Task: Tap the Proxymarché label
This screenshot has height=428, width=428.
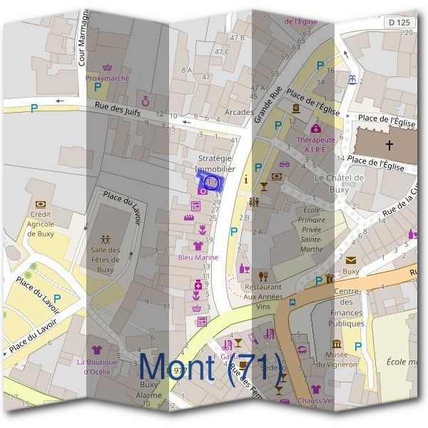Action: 106,78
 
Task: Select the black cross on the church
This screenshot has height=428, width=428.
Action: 389,146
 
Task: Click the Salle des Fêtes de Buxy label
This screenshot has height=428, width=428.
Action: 106,260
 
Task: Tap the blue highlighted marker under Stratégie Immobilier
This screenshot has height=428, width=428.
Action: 210,181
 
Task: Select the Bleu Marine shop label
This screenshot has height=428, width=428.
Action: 198,257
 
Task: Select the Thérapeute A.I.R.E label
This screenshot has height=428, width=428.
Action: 315,145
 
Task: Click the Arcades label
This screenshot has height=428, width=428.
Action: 238,112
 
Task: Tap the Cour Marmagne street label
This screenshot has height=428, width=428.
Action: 82,36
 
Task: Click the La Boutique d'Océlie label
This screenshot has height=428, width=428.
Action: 98,367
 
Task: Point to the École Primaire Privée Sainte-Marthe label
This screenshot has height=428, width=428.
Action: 312,230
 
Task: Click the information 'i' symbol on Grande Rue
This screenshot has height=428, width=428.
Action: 246,180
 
